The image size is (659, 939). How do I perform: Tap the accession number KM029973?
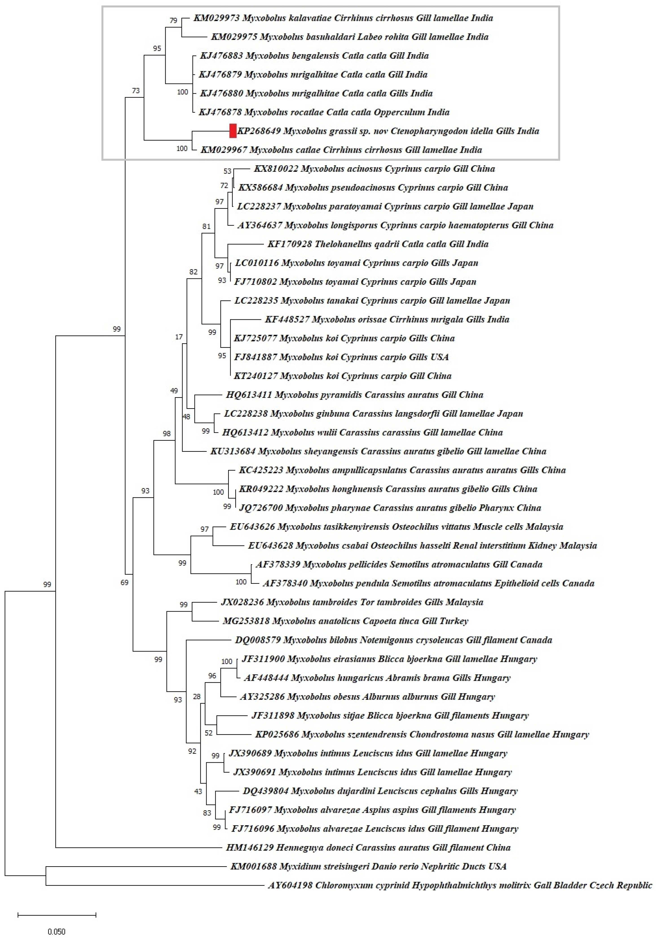click(x=216, y=18)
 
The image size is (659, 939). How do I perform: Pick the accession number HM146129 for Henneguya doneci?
click(x=249, y=847)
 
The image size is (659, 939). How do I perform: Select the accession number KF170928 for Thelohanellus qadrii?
click(x=290, y=244)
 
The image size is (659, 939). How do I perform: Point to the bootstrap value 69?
click(x=124, y=582)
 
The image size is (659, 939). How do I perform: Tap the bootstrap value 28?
click(x=197, y=697)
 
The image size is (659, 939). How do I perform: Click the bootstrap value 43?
click(x=198, y=791)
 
